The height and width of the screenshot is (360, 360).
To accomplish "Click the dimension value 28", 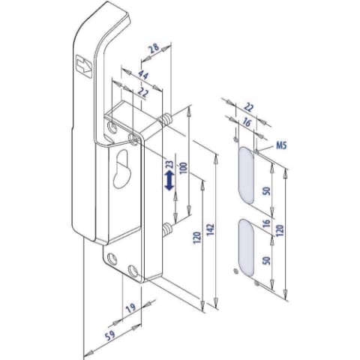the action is [154, 48].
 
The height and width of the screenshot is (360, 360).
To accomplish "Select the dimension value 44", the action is [143, 75].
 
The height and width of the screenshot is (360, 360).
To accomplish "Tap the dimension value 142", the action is [211, 229].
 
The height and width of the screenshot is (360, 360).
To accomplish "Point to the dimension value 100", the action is [184, 168].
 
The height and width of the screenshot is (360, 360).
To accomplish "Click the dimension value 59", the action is [110, 335].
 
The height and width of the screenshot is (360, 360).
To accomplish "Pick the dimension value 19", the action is [130, 308].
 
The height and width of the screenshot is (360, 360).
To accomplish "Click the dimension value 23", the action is [169, 164].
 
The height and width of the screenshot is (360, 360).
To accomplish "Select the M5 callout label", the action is [281, 145].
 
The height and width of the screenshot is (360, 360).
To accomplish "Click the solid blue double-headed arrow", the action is [169, 181].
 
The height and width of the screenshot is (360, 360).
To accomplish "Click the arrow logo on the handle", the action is [84, 64].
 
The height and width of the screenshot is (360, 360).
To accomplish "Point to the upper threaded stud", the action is [166, 119].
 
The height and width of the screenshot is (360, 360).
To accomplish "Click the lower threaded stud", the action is [167, 229].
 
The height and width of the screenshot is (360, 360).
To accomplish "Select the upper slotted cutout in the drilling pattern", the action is [246, 175].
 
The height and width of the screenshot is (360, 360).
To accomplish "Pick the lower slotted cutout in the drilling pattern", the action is [246, 247].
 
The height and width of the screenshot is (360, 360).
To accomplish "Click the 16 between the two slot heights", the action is [267, 223].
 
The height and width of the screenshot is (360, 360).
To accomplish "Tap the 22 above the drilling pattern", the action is [248, 107].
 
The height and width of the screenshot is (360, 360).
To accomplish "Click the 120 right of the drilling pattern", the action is [280, 230].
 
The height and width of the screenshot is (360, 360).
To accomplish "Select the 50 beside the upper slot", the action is [267, 190].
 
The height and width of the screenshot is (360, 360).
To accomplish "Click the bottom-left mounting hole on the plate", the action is [112, 259].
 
